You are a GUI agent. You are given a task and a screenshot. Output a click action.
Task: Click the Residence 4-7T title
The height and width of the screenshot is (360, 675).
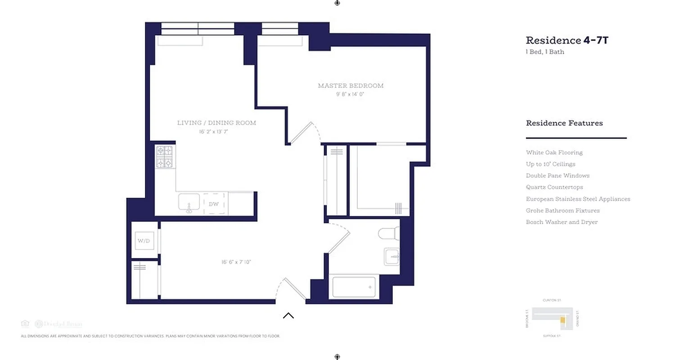pos(567,40)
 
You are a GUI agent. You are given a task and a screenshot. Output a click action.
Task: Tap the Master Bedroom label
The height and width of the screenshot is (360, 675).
pos(351,85)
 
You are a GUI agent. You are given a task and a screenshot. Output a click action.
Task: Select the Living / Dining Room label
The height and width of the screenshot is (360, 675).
pos(216,123)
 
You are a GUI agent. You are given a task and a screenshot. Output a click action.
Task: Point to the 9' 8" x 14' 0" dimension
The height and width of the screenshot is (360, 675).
pos(350,94)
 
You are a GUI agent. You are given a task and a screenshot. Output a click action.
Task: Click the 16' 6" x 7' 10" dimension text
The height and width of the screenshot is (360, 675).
pos(236,262)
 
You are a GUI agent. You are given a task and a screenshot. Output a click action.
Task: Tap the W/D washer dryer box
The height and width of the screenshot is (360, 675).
pos(144,241)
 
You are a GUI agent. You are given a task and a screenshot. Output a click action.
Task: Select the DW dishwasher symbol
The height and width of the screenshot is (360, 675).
pos(214,204)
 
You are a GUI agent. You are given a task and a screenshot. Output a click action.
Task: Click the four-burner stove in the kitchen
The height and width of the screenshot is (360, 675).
pos(164,157)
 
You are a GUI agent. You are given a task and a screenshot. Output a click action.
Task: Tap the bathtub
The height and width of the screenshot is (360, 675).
pos(354,287)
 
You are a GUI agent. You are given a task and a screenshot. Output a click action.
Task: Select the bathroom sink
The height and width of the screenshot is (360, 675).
pos(391,257)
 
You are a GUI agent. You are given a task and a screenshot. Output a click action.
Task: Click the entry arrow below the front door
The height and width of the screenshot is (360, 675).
pos(288,315)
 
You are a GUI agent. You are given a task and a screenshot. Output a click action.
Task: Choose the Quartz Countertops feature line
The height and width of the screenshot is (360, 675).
pos(554,187)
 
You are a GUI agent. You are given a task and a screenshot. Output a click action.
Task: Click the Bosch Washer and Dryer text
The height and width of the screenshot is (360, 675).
pos(562,222)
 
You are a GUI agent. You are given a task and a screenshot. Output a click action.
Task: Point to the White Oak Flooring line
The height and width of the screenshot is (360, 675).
pos(554,153)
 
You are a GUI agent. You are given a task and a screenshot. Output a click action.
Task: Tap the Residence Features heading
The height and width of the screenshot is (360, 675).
pos(564,123)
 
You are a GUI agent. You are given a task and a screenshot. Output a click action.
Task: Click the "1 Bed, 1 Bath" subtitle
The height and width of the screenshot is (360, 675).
pos(545,52)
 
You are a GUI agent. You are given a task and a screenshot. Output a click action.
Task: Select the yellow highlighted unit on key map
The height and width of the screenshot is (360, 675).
pos(562,320)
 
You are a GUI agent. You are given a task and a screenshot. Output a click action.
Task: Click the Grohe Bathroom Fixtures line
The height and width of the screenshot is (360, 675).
pos(562,211)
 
